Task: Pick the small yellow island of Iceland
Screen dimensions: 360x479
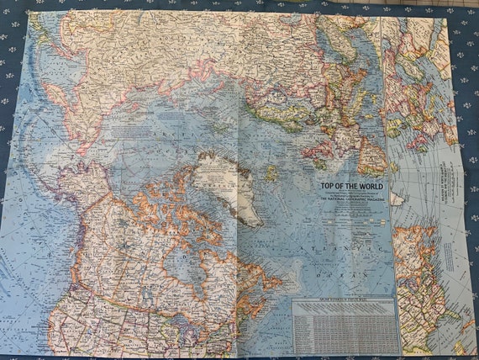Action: click(x=271, y=175)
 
